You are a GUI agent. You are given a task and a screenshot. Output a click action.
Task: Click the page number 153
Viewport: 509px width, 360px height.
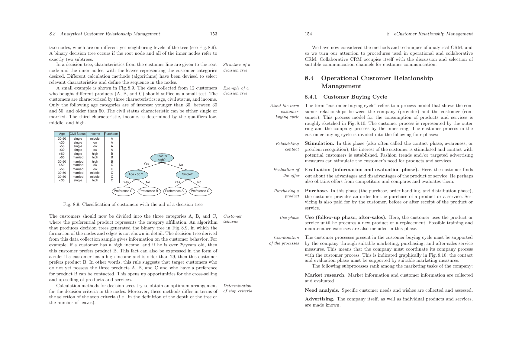[x=214, y=34]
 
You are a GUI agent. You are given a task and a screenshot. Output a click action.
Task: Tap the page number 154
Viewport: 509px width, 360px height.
[x=308, y=34]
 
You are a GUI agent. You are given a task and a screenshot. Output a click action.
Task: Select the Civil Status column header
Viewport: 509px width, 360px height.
[x=78, y=134]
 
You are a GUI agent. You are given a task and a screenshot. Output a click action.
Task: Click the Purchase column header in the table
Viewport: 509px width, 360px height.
[x=111, y=134]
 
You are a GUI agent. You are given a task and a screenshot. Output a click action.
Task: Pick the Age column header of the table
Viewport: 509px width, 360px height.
[x=62, y=134]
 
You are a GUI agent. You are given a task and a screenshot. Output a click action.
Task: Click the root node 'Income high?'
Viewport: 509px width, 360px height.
[x=162, y=158]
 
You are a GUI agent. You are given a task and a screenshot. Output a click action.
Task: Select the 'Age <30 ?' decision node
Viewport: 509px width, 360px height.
[x=136, y=174]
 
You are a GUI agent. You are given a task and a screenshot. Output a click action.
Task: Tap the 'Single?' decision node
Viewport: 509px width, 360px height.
[x=187, y=174]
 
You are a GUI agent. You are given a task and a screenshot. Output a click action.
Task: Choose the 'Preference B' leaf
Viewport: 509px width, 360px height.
[x=149, y=191]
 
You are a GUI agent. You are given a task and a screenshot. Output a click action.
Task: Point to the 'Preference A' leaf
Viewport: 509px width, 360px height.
[x=174, y=191]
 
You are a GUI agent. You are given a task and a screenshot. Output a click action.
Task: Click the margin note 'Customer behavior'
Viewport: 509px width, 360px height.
[x=233, y=219]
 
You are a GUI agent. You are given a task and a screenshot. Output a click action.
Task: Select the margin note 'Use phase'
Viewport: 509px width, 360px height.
[x=289, y=218]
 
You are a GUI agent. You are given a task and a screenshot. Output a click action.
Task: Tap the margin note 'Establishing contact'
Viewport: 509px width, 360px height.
[x=287, y=147]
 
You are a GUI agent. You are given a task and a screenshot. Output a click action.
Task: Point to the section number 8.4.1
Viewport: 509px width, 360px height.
[x=311, y=97]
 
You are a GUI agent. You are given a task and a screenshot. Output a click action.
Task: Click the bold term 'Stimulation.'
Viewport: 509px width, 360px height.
[x=319, y=144]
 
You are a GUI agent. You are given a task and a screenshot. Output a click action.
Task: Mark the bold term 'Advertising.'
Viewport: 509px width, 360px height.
[x=319, y=299]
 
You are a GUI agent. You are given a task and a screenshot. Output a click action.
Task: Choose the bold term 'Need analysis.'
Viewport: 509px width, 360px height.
[x=322, y=290]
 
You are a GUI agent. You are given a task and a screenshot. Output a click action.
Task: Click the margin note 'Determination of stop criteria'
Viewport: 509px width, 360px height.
[x=237, y=288]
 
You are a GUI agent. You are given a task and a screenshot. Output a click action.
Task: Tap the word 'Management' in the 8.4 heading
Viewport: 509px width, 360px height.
[x=341, y=86]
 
